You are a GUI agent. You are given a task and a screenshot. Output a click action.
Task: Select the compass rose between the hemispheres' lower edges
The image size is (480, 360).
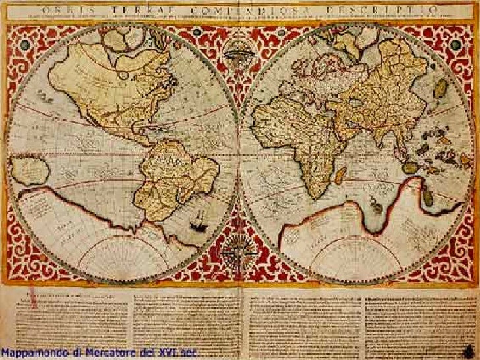pyautogui.click(x=232, y=253)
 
